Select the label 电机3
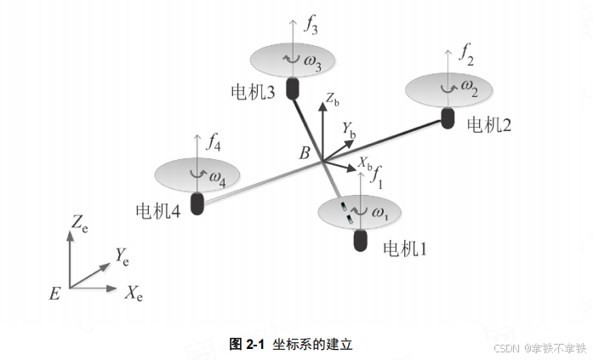(252, 90)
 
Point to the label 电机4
(157, 209)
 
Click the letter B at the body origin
(304, 153)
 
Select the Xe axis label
(134, 294)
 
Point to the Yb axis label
(349, 129)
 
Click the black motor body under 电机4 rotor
(197, 204)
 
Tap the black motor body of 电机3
(294, 89)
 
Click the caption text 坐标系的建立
(311, 344)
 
